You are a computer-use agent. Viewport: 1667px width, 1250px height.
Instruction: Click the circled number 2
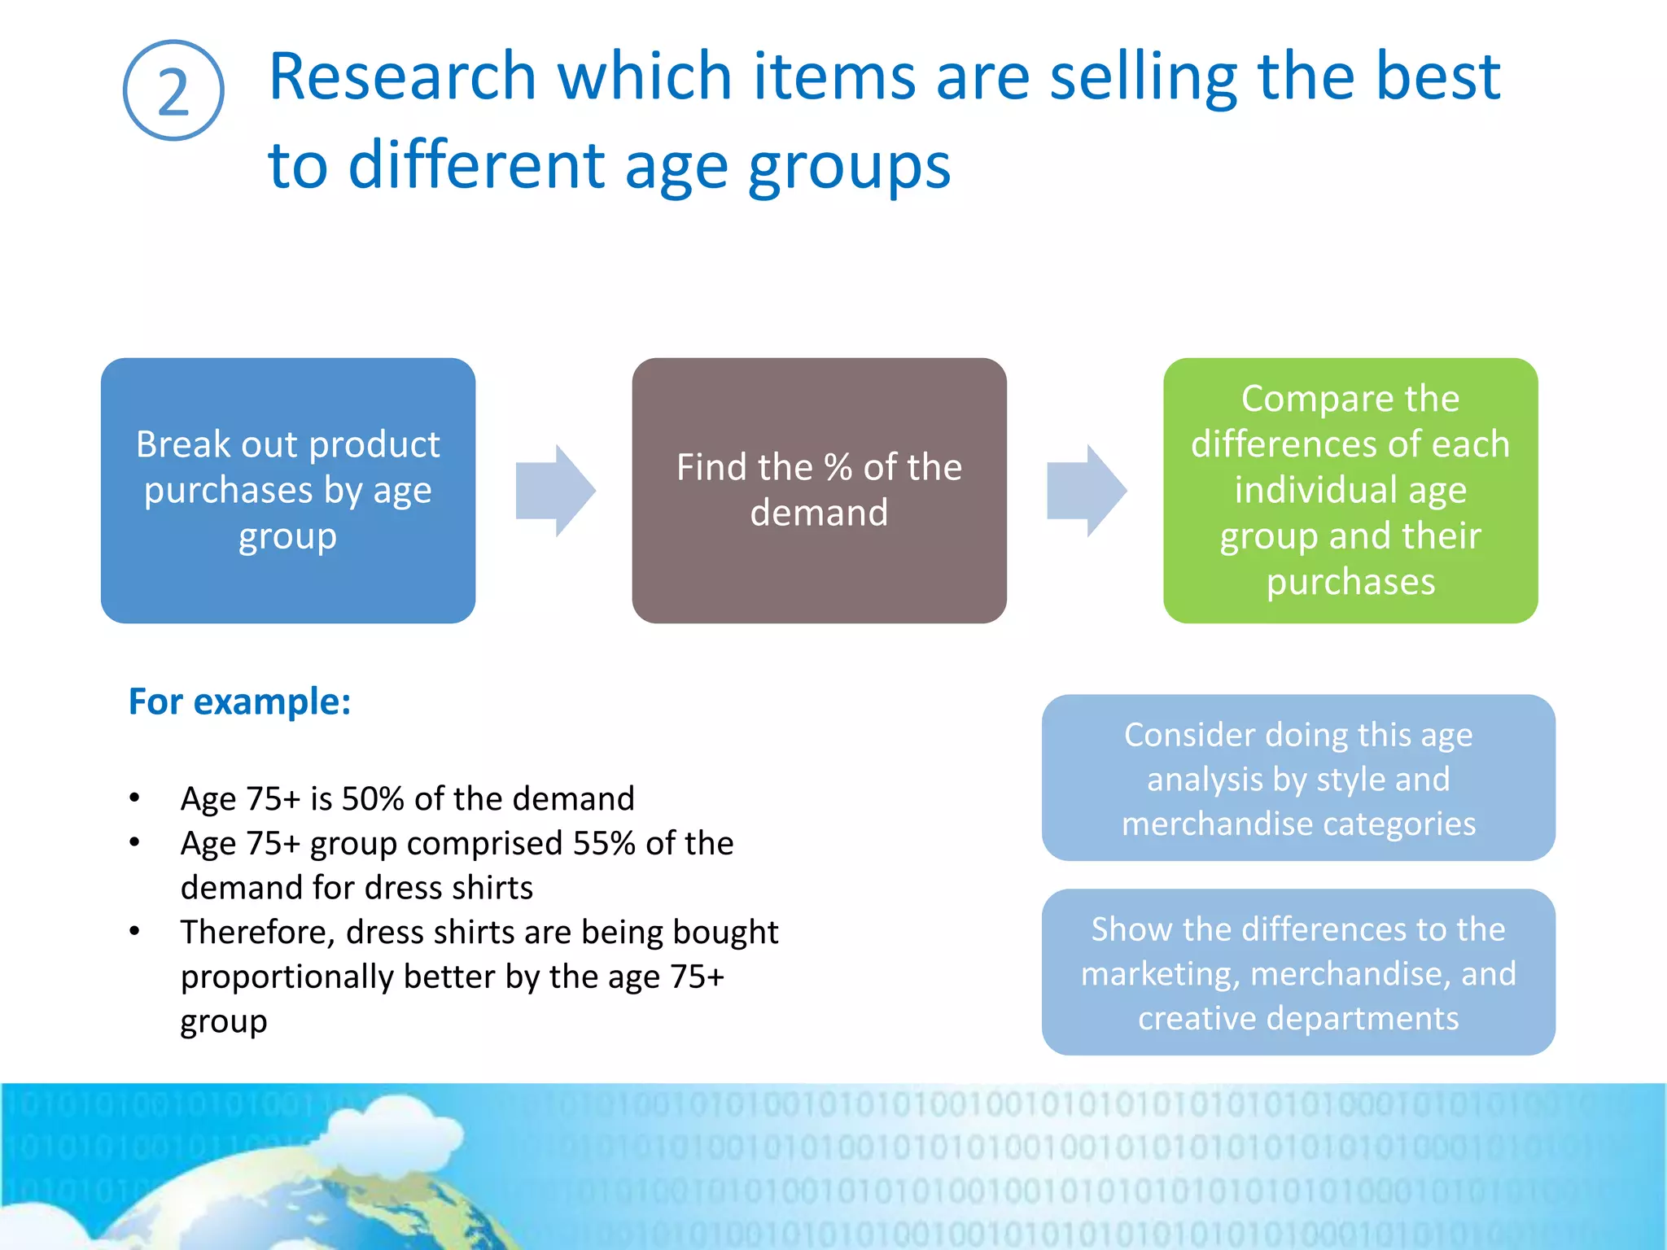tap(173, 90)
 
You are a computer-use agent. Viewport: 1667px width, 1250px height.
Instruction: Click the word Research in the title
tap(402, 76)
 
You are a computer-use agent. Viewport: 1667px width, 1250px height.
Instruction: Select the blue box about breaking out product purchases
tap(288, 491)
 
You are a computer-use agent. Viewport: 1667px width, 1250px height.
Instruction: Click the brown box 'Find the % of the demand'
tap(819, 491)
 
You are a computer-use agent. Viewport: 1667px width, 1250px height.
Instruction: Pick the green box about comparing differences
tap(1350, 491)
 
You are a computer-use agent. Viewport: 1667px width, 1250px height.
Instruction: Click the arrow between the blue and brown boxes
tap(556, 491)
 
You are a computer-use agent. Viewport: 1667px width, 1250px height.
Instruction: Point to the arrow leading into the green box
tap(1087, 491)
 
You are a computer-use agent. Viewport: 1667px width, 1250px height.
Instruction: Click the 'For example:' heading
tap(240, 701)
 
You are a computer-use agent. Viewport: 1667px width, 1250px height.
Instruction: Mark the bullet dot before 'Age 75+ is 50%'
tap(135, 798)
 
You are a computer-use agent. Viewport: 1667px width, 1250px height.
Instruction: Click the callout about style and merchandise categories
tap(1298, 778)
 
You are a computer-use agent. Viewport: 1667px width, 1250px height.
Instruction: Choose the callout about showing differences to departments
tap(1298, 972)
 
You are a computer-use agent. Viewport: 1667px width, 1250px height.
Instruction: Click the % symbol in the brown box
tap(838, 468)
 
